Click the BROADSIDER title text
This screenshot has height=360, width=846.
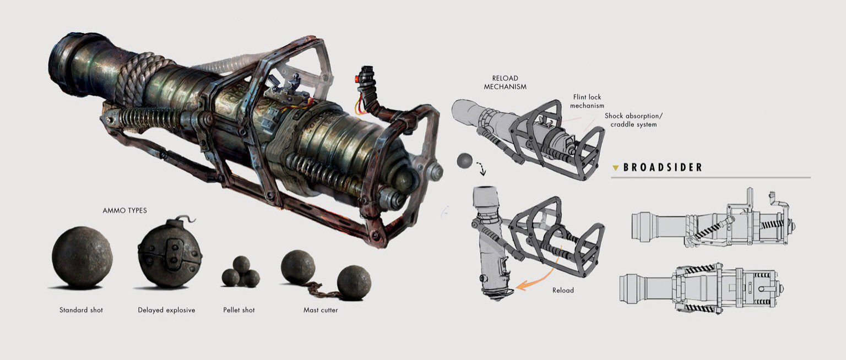(x=663, y=167)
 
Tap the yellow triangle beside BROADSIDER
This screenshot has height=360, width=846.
(x=616, y=168)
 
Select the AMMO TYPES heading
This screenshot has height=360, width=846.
(x=124, y=211)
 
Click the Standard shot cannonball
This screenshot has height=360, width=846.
(x=82, y=258)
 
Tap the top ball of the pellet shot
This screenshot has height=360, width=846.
(x=241, y=264)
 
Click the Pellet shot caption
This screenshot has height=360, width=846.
(x=238, y=310)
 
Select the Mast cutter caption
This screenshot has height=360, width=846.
(x=321, y=310)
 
